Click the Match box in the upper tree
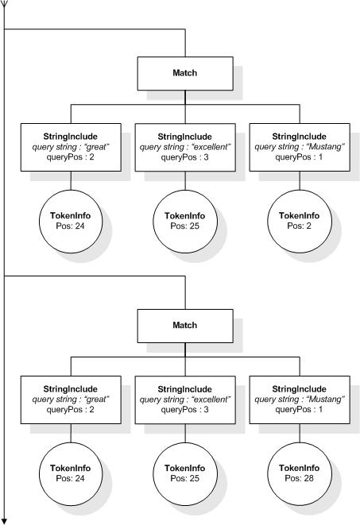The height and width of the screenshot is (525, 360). [x=184, y=73]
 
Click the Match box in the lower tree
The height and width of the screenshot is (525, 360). [x=184, y=326]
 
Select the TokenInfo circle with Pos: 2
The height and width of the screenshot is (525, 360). [x=299, y=220]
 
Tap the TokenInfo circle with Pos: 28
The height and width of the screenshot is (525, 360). [x=299, y=473]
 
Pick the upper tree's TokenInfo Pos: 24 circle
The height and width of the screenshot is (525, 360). [x=71, y=220]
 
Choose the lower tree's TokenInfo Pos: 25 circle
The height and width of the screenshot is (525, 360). [x=184, y=473]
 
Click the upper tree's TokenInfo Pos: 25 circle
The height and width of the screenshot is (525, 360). [x=184, y=220]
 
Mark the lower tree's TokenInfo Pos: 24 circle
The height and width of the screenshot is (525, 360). [x=71, y=473]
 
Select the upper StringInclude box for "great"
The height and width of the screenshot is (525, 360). [x=71, y=146]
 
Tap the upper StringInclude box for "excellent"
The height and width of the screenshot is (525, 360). [x=184, y=146]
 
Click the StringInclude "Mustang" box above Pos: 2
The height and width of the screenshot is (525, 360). [x=299, y=146]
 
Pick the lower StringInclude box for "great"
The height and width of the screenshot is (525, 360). [x=71, y=399]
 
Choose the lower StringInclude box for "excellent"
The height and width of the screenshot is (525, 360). [x=184, y=399]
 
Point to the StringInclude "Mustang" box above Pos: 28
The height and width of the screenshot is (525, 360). [x=299, y=399]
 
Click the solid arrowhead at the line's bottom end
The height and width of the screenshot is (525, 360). [x=5, y=519]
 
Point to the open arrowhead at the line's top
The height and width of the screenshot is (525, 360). [x=5, y=6]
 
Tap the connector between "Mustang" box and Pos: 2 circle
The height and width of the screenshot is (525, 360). [x=299, y=182]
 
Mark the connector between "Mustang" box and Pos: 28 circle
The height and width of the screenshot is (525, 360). [x=299, y=434]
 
